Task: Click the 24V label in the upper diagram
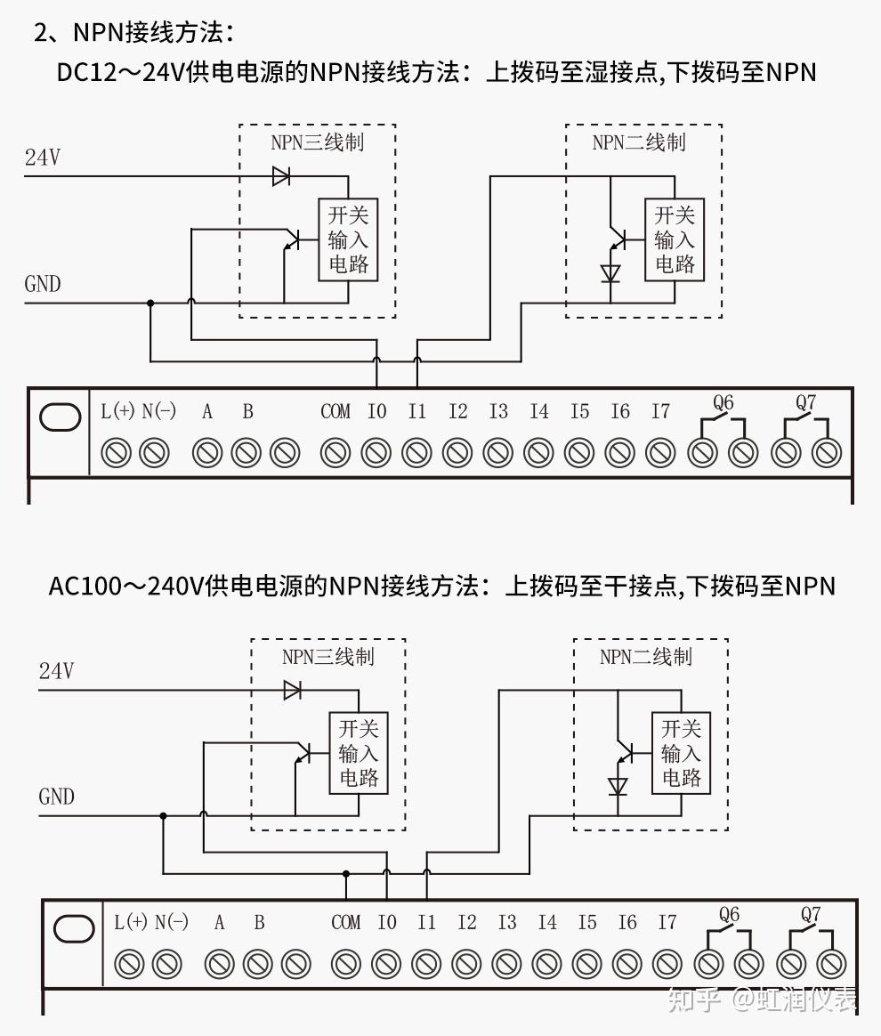42,158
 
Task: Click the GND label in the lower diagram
56,797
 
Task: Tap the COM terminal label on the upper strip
335,411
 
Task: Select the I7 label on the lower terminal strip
667,923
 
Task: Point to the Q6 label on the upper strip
723,403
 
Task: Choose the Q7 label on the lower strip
810,914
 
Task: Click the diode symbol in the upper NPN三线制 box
281,176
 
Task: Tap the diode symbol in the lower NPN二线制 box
618,786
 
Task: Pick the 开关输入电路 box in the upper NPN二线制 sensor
674,239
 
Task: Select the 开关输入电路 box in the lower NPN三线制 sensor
359,754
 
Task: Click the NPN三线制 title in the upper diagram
317,142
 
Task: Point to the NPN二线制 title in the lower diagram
645,657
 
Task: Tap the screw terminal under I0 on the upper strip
376,453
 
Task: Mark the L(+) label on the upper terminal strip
117,411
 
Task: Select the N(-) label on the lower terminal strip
171,923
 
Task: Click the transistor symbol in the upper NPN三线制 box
290,239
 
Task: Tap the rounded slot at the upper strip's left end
61,417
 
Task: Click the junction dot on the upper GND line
150,304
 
